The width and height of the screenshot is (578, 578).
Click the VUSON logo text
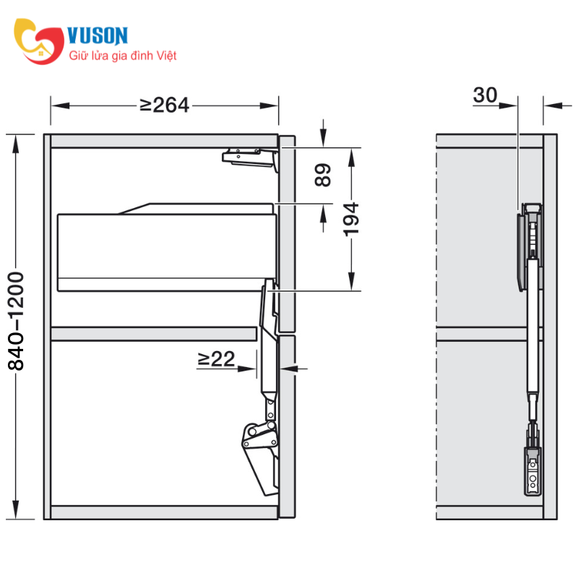point(98,35)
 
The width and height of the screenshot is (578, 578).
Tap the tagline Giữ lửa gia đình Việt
point(122,56)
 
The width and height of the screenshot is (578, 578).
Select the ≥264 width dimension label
point(164,105)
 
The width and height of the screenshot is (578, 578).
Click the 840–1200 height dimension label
point(16,322)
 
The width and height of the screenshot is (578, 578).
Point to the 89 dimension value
point(323,176)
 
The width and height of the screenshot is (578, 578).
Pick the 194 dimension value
point(351,218)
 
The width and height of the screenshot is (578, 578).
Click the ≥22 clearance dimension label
point(216,359)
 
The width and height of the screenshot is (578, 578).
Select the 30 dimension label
point(486,95)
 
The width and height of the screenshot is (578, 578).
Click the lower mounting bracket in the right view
point(532,468)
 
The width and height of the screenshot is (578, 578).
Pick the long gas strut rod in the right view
point(534,325)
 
